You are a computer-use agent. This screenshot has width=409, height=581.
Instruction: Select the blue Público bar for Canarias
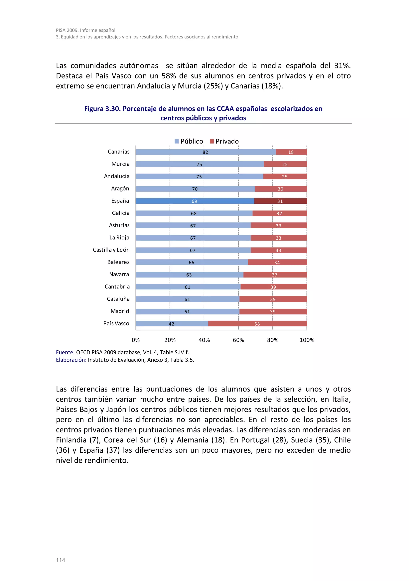(x=177, y=152)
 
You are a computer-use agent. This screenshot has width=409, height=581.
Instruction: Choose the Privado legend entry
(x=224, y=141)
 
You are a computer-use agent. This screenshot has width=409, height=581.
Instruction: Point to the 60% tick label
(x=238, y=340)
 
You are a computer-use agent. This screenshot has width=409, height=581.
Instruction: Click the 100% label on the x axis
(x=307, y=340)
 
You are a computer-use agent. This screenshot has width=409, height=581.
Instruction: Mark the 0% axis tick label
(x=136, y=340)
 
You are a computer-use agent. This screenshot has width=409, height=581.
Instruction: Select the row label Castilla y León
(x=111, y=250)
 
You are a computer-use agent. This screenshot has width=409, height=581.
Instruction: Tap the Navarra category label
(x=119, y=274)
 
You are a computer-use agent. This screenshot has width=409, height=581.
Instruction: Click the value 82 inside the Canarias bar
(x=205, y=152)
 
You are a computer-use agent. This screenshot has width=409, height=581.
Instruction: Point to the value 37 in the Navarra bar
(x=274, y=275)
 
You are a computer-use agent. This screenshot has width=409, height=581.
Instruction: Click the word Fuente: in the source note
(x=65, y=352)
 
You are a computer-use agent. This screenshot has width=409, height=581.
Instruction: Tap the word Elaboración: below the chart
(x=71, y=360)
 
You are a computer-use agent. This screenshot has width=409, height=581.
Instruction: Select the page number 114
(x=61, y=560)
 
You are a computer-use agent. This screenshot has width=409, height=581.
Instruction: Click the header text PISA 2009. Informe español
(x=85, y=30)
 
